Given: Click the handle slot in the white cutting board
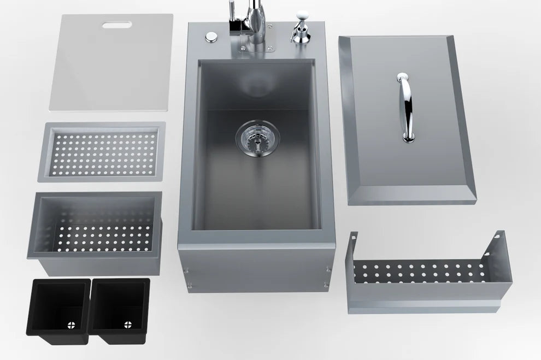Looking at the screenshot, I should pyautogui.click(x=113, y=25).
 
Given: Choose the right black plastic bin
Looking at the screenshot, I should pyautogui.click(x=119, y=309).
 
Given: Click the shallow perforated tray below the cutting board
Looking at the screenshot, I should pyautogui.click(x=102, y=152).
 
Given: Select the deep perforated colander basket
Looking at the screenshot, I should pyautogui.click(x=95, y=232).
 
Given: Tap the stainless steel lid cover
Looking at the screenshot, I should pyautogui.click(x=407, y=120).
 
